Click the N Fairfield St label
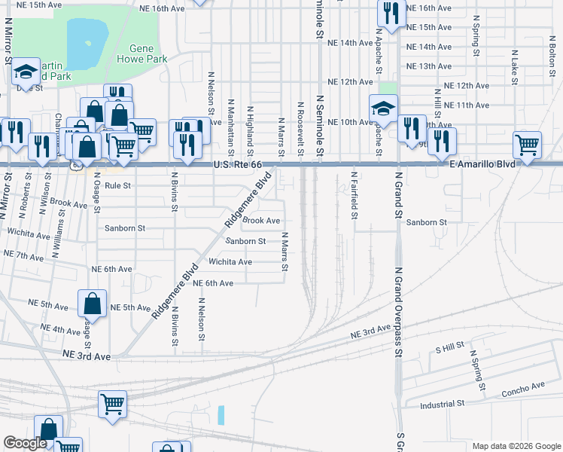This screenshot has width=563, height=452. coord(354,195)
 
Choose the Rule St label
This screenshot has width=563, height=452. coord(117,185)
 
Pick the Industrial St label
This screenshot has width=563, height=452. coord(440,404)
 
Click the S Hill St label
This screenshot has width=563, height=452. coord(451,350)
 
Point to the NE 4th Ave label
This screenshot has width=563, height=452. coord(61,330)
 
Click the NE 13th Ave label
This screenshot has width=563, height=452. coord(428,66)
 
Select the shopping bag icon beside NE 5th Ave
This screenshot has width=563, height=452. coord(92,304)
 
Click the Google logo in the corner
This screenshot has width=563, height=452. coord(24,443)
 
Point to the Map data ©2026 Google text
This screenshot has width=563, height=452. coord(516,446)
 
